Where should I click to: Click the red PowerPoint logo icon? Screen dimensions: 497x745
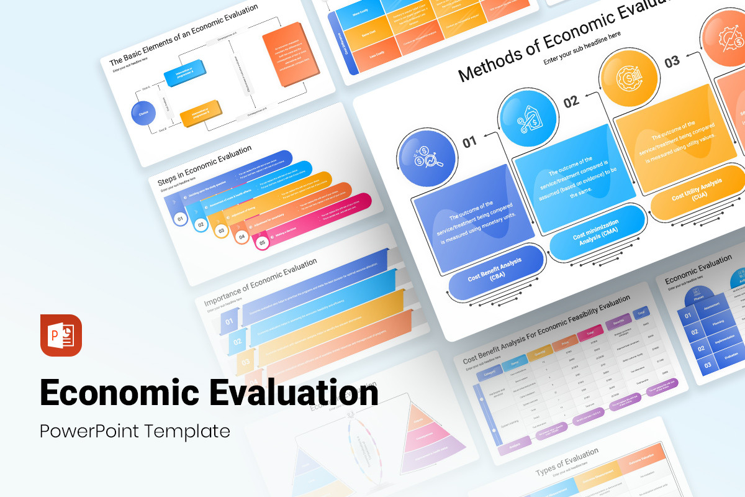pos(61,335)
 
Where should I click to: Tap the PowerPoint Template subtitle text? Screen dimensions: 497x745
pos(135,431)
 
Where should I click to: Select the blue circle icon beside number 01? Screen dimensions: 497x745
pos(423,158)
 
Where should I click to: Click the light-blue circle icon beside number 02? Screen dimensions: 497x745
pos(525,116)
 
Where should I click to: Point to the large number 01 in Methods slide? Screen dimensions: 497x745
pos(469,142)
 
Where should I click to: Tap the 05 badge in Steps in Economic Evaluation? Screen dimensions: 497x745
pos(262,243)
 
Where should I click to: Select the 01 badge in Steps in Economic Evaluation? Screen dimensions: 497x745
pos(180,219)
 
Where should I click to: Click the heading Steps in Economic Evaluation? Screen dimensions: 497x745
pos(205,165)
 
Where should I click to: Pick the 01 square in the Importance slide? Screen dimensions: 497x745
pos(229,321)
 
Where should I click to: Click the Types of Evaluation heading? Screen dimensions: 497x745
pos(567,462)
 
